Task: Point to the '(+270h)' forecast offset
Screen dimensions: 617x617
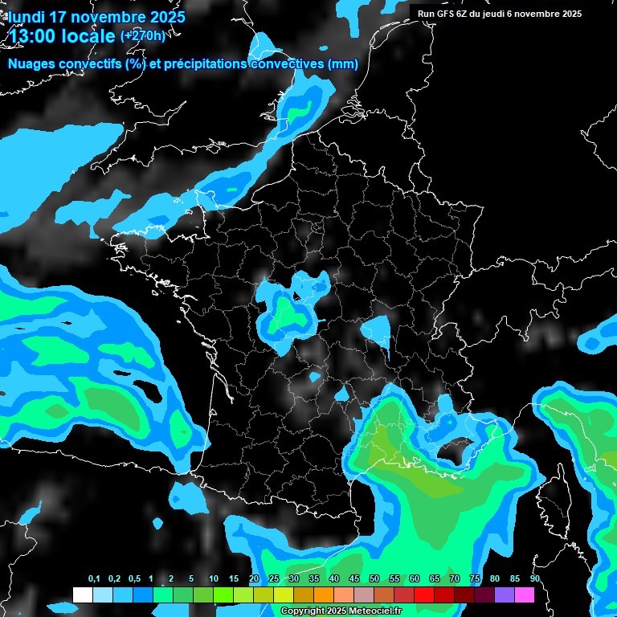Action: tap(144, 35)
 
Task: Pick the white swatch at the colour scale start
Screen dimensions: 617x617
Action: tap(82, 595)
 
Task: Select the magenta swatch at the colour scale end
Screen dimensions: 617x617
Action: tap(525, 595)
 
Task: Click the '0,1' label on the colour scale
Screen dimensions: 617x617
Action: tap(94, 579)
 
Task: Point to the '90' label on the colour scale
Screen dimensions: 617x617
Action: tap(534, 579)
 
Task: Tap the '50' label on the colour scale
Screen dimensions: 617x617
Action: tap(374, 579)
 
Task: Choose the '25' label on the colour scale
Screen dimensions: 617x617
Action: tap(274, 579)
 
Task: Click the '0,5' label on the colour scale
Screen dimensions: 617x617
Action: tap(134, 579)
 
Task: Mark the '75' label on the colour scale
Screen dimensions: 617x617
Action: tap(475, 579)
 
